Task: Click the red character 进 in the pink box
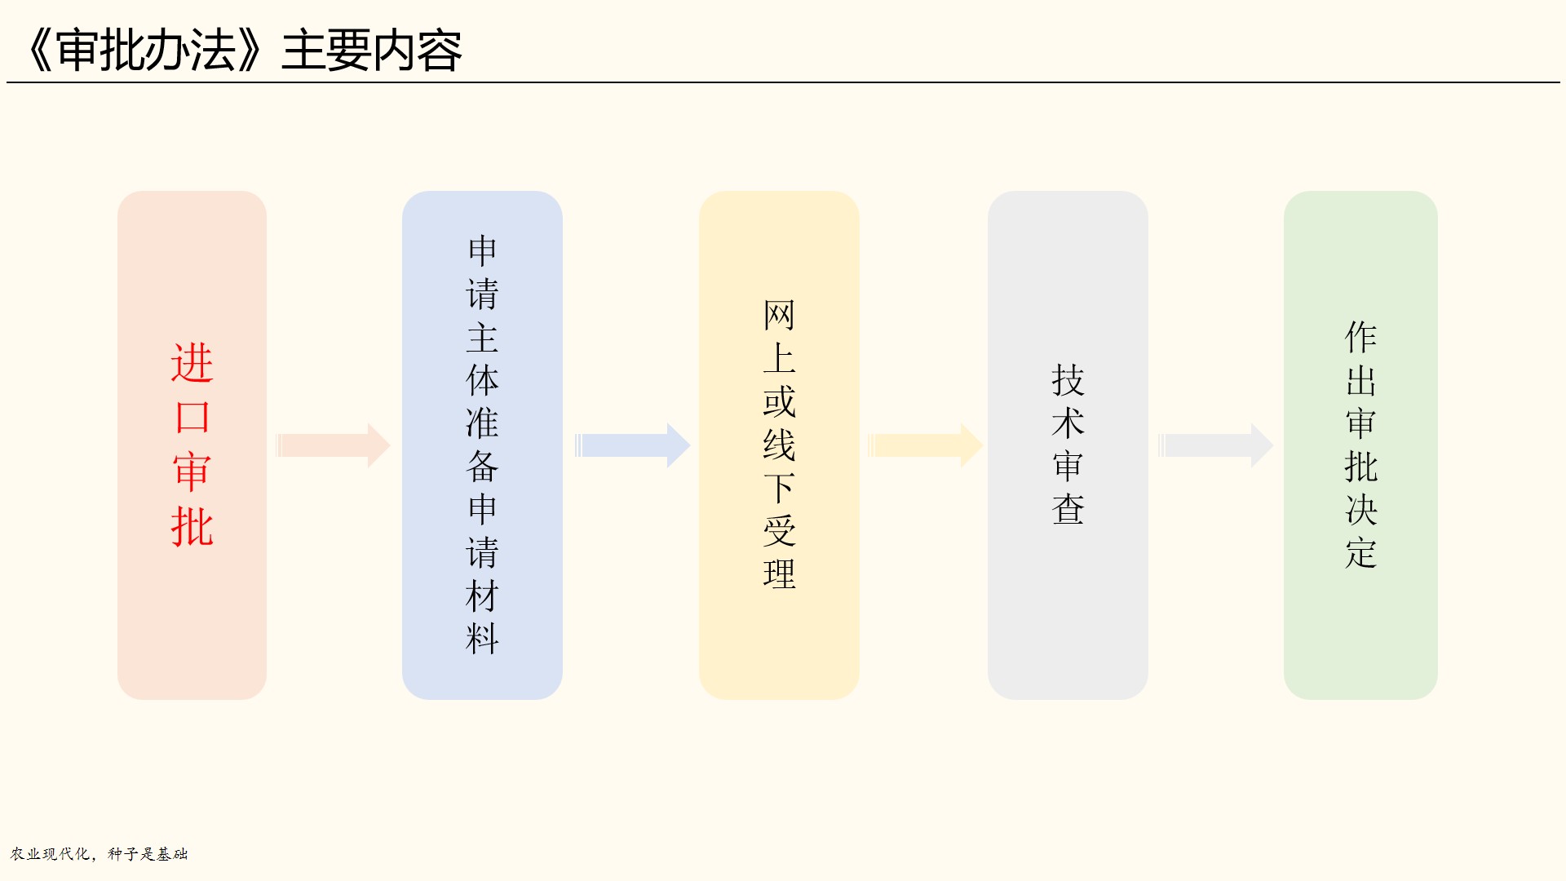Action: pos(192,363)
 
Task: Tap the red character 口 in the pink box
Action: pos(192,418)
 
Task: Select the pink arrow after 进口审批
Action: pos(333,445)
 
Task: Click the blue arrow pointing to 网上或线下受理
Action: pos(632,445)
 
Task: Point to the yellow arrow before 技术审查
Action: pos(925,445)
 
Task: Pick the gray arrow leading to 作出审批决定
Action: pos(1215,445)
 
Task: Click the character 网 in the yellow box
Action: pos(779,315)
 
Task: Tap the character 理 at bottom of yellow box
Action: pos(779,574)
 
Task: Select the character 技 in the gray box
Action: pos(1068,380)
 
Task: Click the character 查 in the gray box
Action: pos(1068,510)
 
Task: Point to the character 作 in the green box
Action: pos(1360,337)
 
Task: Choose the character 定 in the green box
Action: pos(1360,553)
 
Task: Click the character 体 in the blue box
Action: pos(482,380)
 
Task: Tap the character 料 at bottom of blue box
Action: pos(482,640)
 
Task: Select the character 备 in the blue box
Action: pos(482,467)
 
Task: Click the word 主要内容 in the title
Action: pos(372,51)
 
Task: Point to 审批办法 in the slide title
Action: pos(146,51)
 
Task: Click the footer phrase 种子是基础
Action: pos(148,854)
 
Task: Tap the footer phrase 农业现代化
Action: pos(50,854)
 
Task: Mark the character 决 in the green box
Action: pos(1360,510)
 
